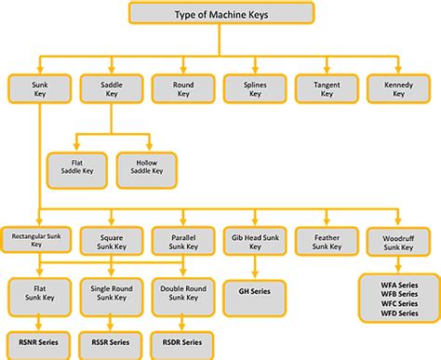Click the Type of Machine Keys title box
pyautogui.click(x=220, y=15)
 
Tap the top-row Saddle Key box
pyautogui.click(x=110, y=89)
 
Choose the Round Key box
pyautogui.click(x=183, y=89)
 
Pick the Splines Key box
pyautogui.click(x=255, y=89)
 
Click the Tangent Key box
pyautogui.click(x=327, y=89)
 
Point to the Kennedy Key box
pyautogui.click(x=398, y=89)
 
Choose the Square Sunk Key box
pyautogui.click(x=111, y=241)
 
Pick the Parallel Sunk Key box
pyautogui.click(x=182, y=241)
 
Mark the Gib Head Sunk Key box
pyautogui.click(x=254, y=241)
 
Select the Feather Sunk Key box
pyautogui.click(x=326, y=241)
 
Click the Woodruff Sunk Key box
pyautogui.click(x=398, y=241)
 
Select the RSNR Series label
pyautogui.click(x=38, y=343)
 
